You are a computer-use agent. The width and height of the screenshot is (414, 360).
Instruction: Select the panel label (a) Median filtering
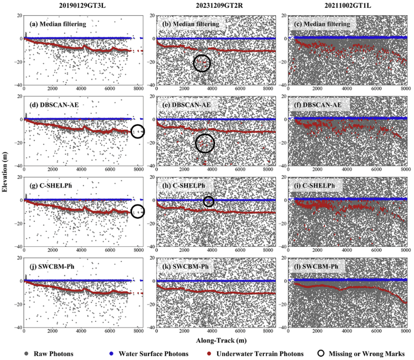click(x=58, y=25)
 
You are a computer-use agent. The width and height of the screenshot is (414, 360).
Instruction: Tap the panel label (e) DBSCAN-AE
click(x=186, y=105)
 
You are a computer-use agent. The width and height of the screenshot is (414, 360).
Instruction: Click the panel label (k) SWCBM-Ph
click(x=187, y=267)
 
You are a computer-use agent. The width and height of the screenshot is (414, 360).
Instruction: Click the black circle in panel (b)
click(x=201, y=63)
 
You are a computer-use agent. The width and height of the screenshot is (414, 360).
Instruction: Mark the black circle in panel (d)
click(x=138, y=131)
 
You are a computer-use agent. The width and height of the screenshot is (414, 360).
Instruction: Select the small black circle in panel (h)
click(x=208, y=202)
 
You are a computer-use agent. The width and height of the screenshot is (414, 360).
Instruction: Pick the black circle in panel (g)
click(x=138, y=211)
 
